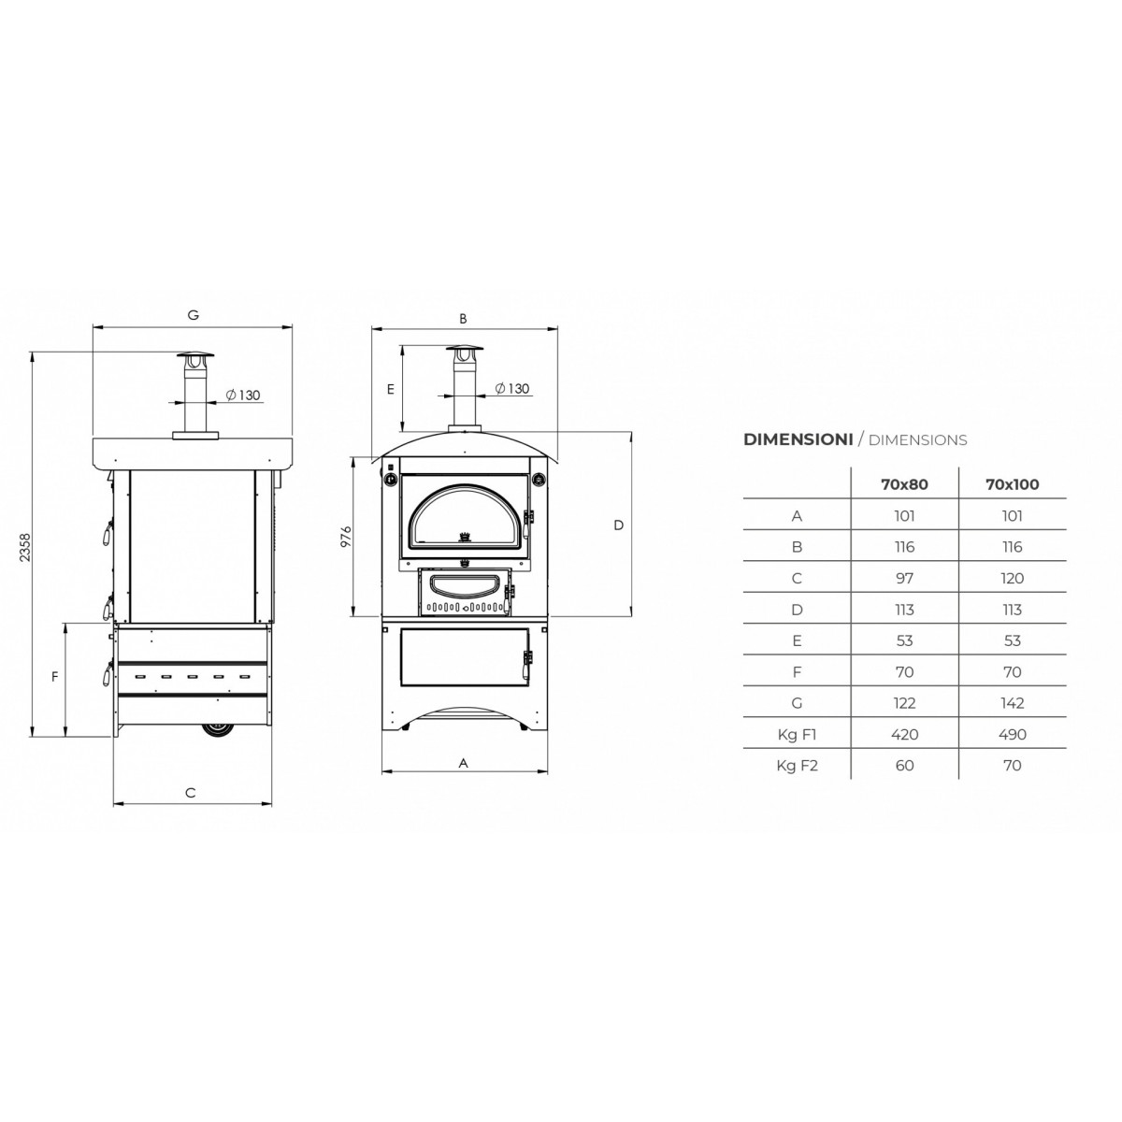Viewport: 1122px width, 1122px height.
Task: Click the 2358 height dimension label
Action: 24,547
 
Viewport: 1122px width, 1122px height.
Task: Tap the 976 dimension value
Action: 347,537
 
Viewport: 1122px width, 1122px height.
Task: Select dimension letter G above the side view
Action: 193,315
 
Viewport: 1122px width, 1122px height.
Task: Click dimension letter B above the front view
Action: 463,319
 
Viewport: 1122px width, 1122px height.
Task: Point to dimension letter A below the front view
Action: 464,763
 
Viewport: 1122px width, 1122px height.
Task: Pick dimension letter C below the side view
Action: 191,793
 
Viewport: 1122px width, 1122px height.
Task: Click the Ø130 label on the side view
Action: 242,395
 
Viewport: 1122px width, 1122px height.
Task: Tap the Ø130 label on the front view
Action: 511,388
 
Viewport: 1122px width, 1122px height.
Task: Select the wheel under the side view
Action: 218,729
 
